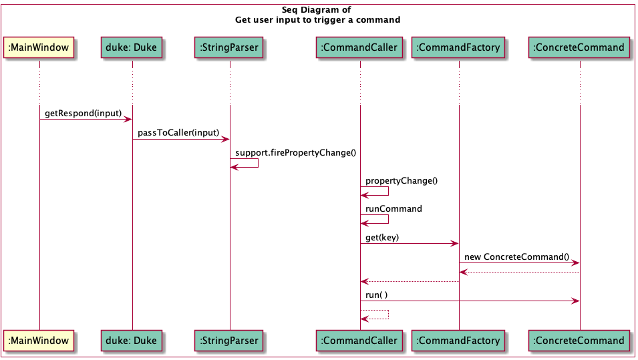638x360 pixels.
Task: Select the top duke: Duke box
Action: (132, 47)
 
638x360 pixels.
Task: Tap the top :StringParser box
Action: (229, 47)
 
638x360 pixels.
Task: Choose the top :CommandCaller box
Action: (359, 47)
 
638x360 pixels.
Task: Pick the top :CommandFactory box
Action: (458, 47)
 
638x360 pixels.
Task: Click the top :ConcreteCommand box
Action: (579, 47)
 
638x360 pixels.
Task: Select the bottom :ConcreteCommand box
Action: (579, 341)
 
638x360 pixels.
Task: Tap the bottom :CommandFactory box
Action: (458, 341)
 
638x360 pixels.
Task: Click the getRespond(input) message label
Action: (83, 114)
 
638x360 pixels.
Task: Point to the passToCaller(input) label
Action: (178, 133)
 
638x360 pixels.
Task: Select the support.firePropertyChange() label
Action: (295, 152)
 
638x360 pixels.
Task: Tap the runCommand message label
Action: (393, 208)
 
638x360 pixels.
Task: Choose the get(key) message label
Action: (382, 237)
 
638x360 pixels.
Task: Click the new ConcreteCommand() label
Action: (516, 256)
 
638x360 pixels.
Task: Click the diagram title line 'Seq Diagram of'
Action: (317, 10)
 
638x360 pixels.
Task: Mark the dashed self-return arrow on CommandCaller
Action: (375, 315)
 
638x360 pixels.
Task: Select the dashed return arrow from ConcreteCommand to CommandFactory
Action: (519, 272)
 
